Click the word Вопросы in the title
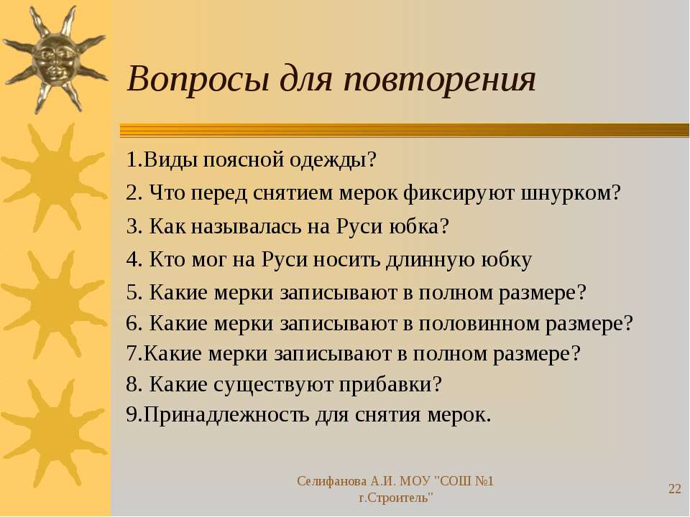pyautogui.click(x=198, y=79)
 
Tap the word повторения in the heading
pyautogui.click(x=440, y=79)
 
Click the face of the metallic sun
pyautogui.click(x=54, y=58)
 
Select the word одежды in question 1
pyautogui.click(x=333, y=159)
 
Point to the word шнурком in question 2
pyautogui.click(x=571, y=192)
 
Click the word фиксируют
pyautogui.click(x=459, y=192)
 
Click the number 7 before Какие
pyautogui.click(x=132, y=353)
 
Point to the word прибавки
pyautogui.click(x=390, y=384)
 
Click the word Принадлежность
pyautogui.click(x=226, y=414)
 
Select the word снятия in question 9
pyautogui.click(x=387, y=414)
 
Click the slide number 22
pyautogui.click(x=675, y=489)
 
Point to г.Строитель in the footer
pyautogui.click(x=395, y=498)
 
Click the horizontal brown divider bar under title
pyautogui.click(x=405, y=131)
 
